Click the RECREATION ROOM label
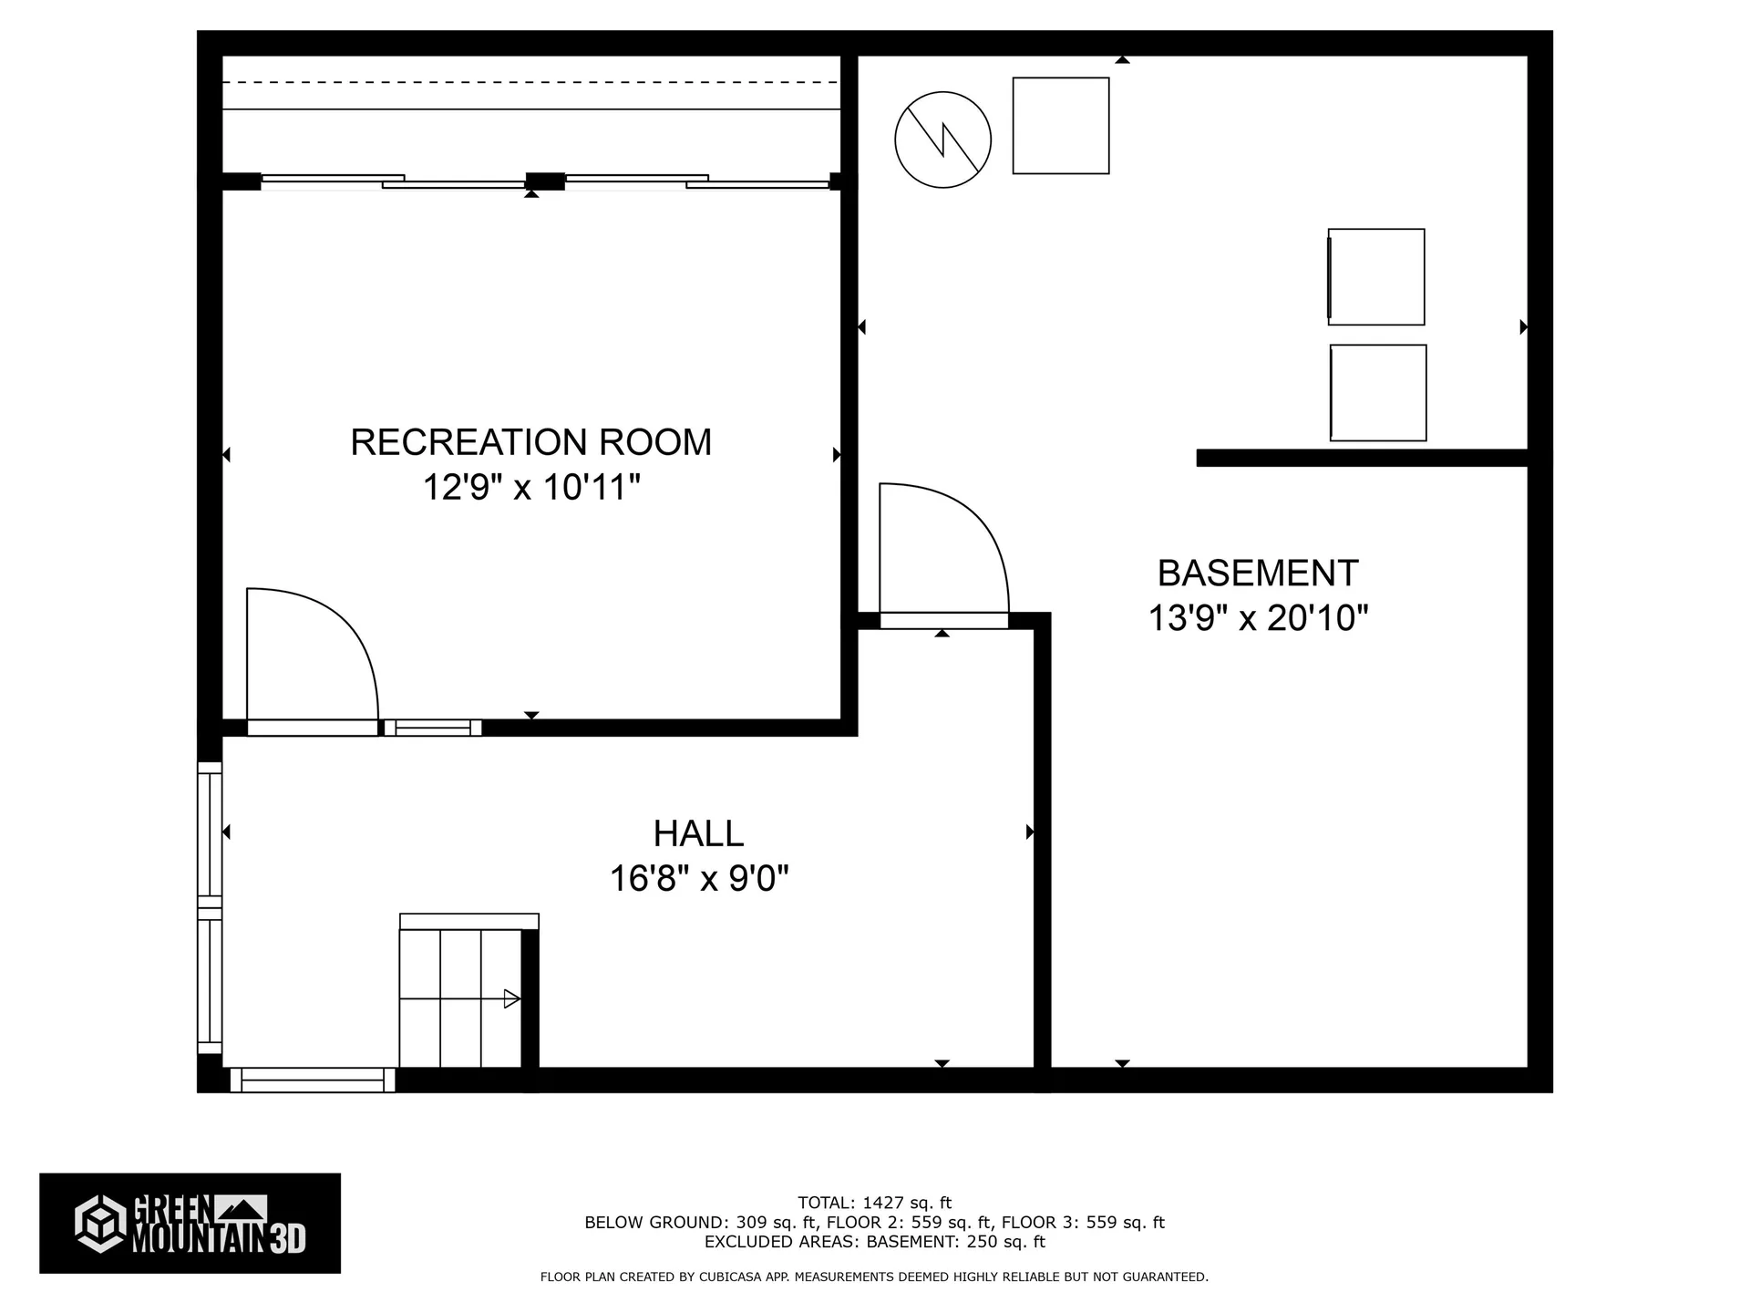[x=530, y=442]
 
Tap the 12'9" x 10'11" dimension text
[x=530, y=488]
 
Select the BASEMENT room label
[x=1258, y=574]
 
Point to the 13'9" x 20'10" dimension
[x=1258, y=619]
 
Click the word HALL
[x=698, y=833]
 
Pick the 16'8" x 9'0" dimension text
[x=698, y=879]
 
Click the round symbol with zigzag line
[x=942, y=140]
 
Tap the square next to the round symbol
[x=1061, y=126]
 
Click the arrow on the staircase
[x=511, y=999]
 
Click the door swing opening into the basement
[x=943, y=551]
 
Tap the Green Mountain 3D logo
[x=190, y=1223]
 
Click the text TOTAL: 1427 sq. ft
[x=874, y=1203]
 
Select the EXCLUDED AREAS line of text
[x=874, y=1242]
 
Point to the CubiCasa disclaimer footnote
[x=874, y=1277]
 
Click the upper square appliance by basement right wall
[x=1375, y=276]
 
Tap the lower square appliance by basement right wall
[x=1378, y=393]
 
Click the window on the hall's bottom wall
[x=313, y=1080]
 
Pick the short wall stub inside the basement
[x=1362, y=458]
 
